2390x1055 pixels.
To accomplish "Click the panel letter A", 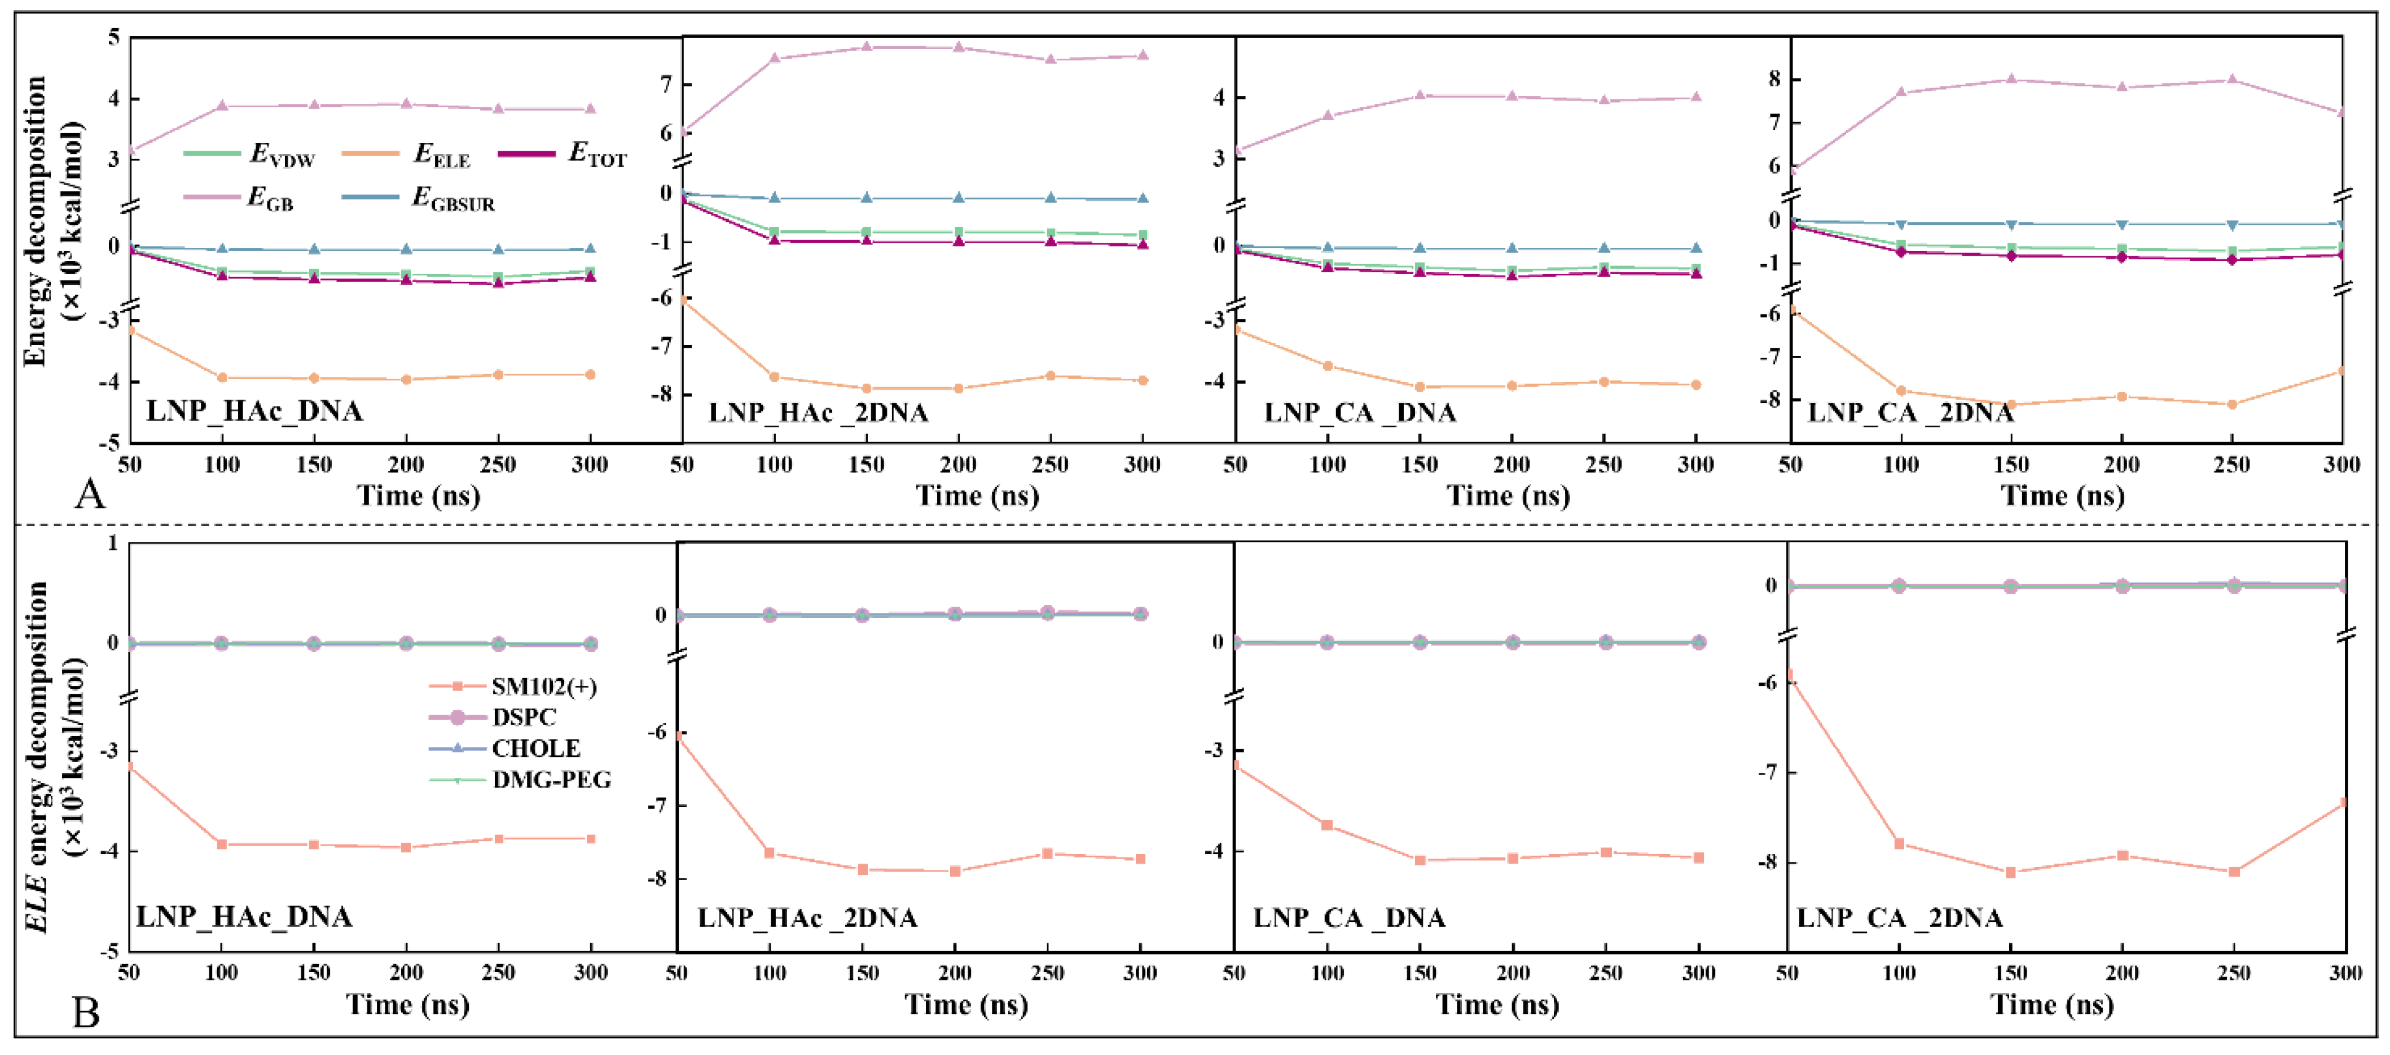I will click(90, 494).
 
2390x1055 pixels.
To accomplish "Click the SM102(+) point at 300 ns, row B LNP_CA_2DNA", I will click(2344, 802).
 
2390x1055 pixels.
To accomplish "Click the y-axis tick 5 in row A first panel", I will click(114, 37).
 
